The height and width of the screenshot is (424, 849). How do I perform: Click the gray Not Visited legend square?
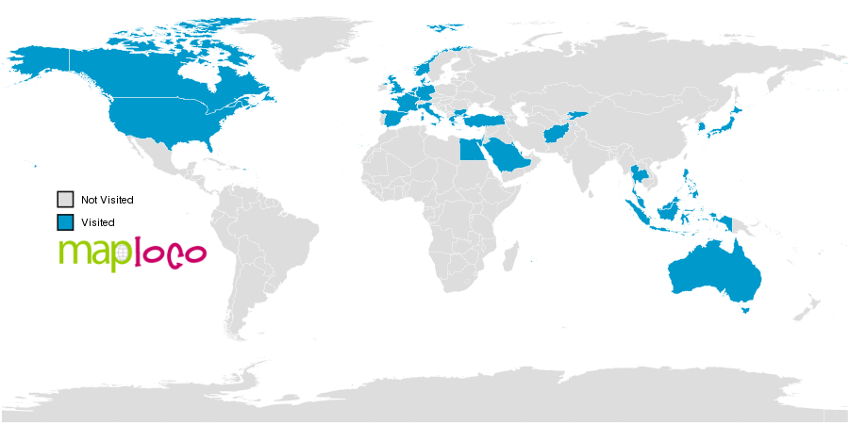[65, 200]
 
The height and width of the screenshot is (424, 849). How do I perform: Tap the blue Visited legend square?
[65, 222]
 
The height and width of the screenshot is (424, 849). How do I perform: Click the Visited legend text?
[97, 222]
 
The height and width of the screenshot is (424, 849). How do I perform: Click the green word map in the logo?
[94, 253]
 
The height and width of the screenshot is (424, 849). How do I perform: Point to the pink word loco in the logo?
[171, 253]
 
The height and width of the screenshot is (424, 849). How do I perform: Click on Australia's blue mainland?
[712, 273]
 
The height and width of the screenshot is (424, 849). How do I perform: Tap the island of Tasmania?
[746, 307]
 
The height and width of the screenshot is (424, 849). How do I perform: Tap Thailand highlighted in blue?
[642, 176]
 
